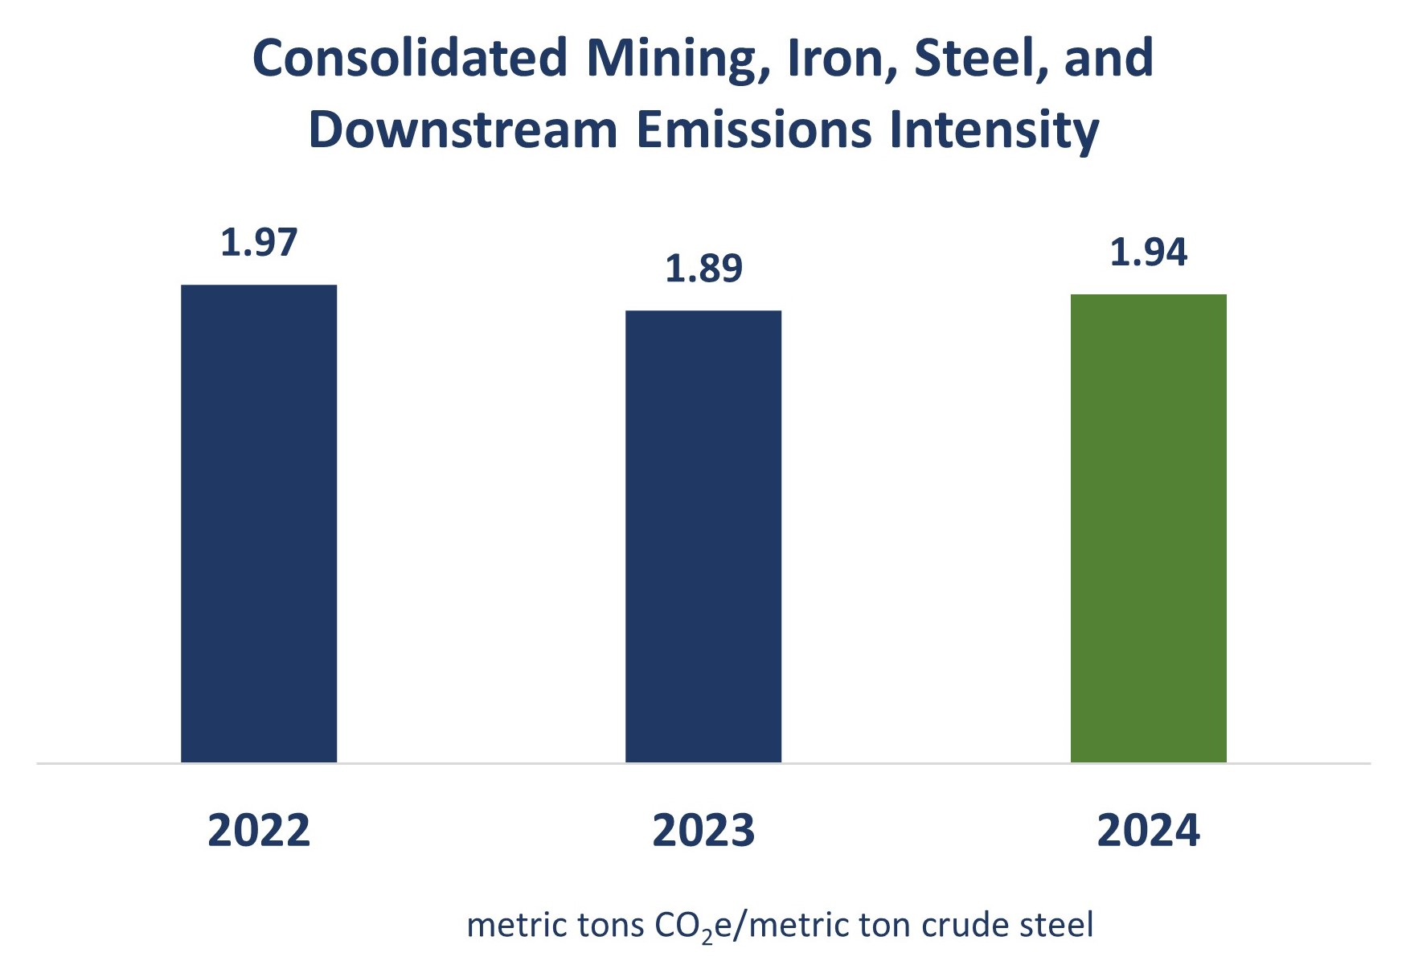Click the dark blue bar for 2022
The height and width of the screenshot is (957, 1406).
coord(259,523)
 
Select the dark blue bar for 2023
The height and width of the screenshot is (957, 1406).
coord(703,536)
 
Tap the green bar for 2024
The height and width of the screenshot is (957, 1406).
coord(1148,528)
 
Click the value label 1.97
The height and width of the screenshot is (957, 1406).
coord(259,242)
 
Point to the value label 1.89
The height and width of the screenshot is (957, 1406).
coord(703,268)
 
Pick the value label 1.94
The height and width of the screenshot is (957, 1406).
coord(1148,252)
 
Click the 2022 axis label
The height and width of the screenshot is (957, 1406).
coord(259,830)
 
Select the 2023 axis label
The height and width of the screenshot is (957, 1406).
coord(703,830)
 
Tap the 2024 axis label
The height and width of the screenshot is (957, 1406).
coord(1148,830)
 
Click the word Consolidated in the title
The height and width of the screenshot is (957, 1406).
coord(410,58)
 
